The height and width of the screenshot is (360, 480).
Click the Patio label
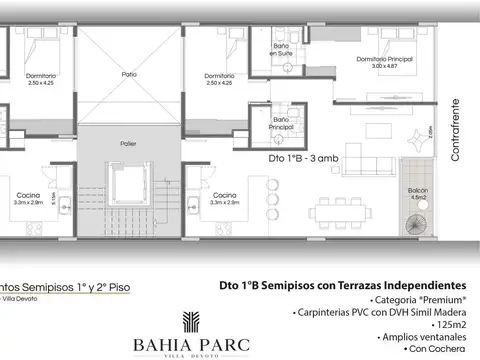(x=129, y=74)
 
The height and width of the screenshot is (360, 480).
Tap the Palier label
(x=129, y=143)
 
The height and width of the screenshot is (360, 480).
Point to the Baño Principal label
(x=282, y=124)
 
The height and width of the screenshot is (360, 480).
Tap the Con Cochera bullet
(x=439, y=352)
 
